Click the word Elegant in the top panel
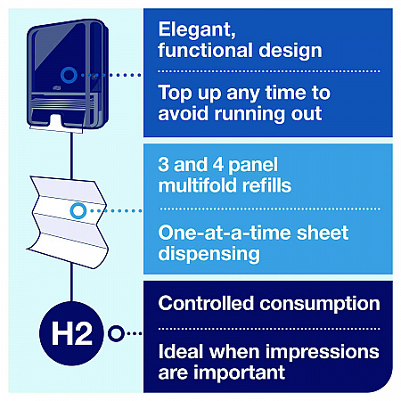[197, 29]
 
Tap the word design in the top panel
[291, 51]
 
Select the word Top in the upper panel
[176, 94]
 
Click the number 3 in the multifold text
[164, 164]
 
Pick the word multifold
[198, 185]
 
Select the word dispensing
[209, 254]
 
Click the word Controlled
[206, 303]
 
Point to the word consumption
[320, 304]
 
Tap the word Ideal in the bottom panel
[181, 351]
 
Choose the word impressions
[323, 352]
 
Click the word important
[240, 372]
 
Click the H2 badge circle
[71, 333]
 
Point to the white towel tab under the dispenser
[56, 122]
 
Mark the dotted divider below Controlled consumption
[269, 329]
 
